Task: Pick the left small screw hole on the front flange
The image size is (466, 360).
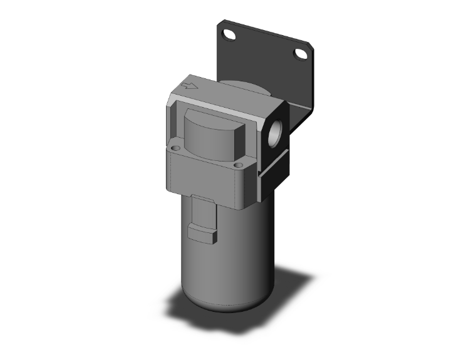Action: point(175,148)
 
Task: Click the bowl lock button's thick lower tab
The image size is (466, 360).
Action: point(202,235)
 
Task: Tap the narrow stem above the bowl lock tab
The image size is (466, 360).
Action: point(202,210)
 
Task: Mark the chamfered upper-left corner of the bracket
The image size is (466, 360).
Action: point(221,25)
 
